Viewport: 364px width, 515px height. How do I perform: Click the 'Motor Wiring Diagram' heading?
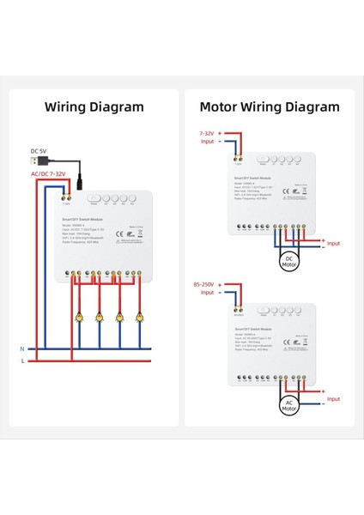(270, 107)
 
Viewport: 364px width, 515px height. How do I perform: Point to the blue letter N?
(22, 348)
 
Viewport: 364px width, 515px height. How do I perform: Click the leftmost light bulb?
(79, 317)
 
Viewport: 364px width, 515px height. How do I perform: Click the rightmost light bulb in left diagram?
(141, 317)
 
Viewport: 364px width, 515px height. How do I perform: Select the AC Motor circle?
(288, 404)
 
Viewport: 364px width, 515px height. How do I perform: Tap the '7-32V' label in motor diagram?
(208, 134)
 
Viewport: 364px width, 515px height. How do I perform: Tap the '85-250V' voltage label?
(205, 282)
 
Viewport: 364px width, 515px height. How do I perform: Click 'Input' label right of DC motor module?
(333, 244)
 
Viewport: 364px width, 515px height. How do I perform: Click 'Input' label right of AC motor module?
(333, 399)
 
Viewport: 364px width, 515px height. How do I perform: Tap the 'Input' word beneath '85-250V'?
(208, 293)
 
